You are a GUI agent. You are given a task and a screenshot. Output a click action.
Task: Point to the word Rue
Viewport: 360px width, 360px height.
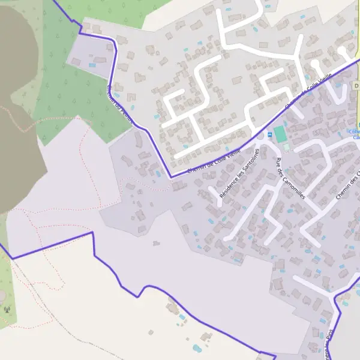tap(278, 162)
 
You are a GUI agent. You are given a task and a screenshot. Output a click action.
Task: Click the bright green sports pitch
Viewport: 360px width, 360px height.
tap(280, 134)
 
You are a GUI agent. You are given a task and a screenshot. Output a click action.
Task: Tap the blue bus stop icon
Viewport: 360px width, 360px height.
tap(269, 135)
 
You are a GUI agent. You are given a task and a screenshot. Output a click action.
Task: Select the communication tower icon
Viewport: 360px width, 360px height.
tap(7, 310)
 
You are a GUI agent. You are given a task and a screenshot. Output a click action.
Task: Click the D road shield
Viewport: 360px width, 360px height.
tap(356, 86)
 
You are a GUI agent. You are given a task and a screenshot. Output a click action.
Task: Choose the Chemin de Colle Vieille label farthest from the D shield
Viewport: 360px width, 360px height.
tap(214, 161)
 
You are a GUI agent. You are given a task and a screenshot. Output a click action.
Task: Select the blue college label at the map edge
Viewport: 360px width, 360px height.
tap(355, 134)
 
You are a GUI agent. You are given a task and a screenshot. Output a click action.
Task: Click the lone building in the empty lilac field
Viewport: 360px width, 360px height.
tap(156, 244)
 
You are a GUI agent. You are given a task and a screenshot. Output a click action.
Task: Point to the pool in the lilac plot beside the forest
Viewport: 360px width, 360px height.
tap(92, 65)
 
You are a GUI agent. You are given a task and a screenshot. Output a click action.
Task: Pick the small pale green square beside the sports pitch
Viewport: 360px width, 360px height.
tap(287, 146)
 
